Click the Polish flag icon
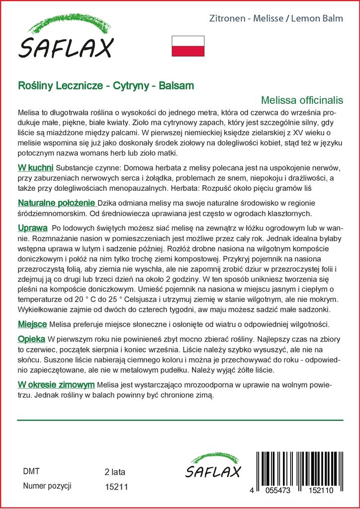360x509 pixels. point(188,46)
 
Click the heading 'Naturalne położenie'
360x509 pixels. point(57,203)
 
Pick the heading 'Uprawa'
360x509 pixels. point(32,228)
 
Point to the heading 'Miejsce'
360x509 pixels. point(32,324)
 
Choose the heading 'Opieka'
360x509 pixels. point(31,339)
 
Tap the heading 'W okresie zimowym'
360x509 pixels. point(56,385)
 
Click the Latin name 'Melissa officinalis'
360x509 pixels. point(302,100)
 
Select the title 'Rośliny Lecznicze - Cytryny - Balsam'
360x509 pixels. point(105,85)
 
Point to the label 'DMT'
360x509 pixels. point(31,471)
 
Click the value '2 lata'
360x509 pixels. point(115,471)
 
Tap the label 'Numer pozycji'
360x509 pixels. point(47,486)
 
